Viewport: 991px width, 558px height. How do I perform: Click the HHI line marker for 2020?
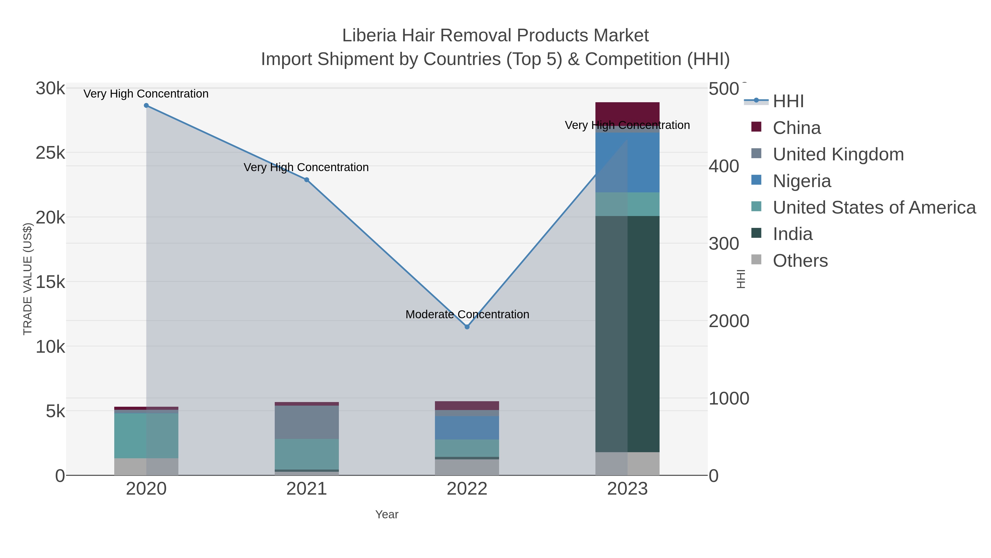coord(146,106)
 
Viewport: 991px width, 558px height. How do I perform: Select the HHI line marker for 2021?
coord(307,180)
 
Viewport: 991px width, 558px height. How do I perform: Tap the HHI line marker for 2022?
coord(467,327)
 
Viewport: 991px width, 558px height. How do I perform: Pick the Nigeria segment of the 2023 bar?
coord(627,162)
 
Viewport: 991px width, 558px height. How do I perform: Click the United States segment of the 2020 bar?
coord(146,436)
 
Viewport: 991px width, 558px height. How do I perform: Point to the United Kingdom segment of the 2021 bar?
coord(307,422)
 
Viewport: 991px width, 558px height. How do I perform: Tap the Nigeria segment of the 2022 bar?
coord(467,427)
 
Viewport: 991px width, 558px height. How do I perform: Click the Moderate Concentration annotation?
coord(467,315)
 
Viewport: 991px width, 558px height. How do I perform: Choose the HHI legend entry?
coord(788,101)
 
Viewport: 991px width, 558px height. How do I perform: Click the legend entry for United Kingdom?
coord(838,154)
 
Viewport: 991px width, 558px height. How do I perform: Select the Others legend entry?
coord(800,261)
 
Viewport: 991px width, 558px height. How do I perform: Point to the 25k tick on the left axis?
coord(50,153)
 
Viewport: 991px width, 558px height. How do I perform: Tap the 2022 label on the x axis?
coord(467,489)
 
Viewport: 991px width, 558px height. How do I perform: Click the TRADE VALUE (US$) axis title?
coord(28,279)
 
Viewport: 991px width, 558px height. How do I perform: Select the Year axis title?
coord(387,514)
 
